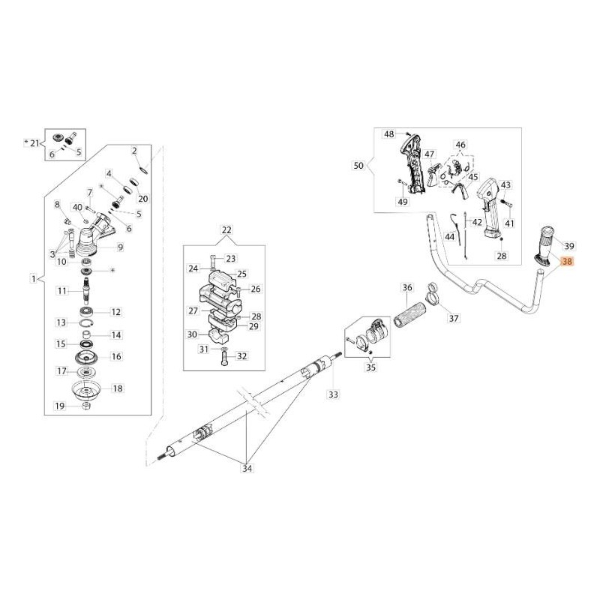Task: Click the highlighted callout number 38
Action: (566, 263)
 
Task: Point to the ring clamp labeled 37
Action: (433, 293)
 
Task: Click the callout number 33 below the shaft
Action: (334, 394)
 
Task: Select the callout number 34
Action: (247, 469)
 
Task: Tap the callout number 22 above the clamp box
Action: (226, 230)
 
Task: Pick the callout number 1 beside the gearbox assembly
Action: (33, 278)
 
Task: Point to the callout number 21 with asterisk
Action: (32, 142)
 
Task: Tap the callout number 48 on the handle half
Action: (388, 134)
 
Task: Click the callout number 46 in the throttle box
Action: (460, 144)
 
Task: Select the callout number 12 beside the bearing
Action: (116, 311)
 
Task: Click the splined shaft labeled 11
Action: (88, 288)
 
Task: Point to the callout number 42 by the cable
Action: (477, 223)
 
